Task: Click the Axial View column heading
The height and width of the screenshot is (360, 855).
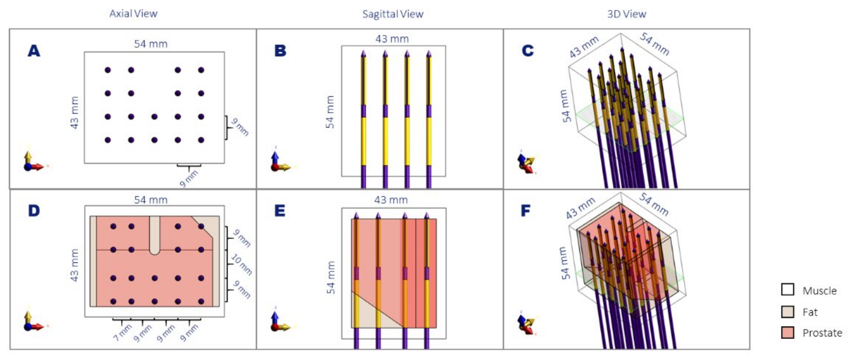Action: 133,13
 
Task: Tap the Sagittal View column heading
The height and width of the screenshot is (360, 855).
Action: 393,14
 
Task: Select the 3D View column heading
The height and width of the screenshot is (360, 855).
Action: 626,14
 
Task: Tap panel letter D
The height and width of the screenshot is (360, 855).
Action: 34,211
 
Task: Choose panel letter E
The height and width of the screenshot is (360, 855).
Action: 279,211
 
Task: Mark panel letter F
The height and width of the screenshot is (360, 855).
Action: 525,211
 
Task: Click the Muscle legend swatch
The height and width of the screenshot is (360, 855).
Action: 787,289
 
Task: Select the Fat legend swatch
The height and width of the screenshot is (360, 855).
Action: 787,311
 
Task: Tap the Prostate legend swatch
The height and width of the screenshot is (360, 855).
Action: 787,333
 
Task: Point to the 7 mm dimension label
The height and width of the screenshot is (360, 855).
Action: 122,333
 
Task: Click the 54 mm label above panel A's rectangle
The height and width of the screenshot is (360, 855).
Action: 151,44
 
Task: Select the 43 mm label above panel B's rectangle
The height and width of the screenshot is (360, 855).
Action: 392,39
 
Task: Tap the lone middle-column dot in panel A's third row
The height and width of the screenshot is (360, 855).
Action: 154,117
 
